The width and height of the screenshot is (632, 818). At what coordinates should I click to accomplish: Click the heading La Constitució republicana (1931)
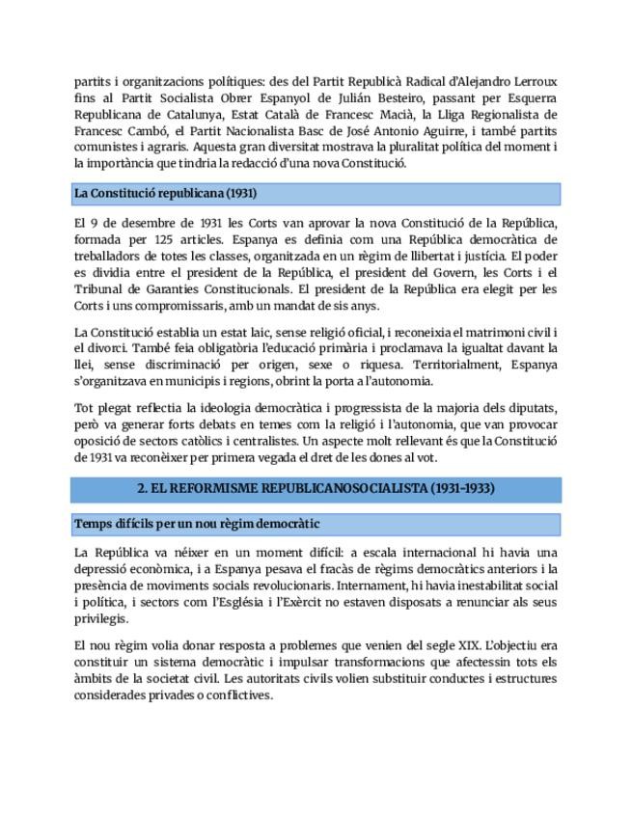point(165,194)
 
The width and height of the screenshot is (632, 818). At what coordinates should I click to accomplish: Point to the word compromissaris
point(180,305)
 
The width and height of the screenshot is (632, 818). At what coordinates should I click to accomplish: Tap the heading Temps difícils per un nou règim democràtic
point(197,524)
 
